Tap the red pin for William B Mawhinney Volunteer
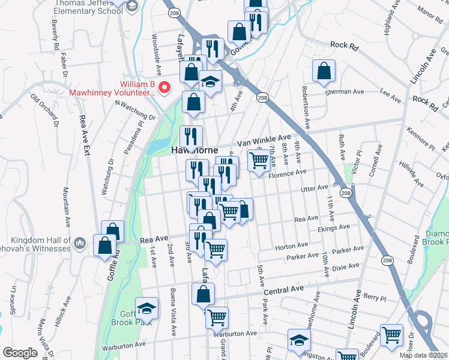(168, 86)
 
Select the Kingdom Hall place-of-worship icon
(82, 243)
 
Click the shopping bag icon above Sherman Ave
(324, 71)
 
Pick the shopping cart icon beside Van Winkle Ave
(259, 160)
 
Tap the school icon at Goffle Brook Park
(146, 308)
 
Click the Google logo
(19, 353)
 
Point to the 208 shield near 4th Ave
(261, 97)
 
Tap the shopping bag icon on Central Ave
(203, 294)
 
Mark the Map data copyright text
(424, 355)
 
